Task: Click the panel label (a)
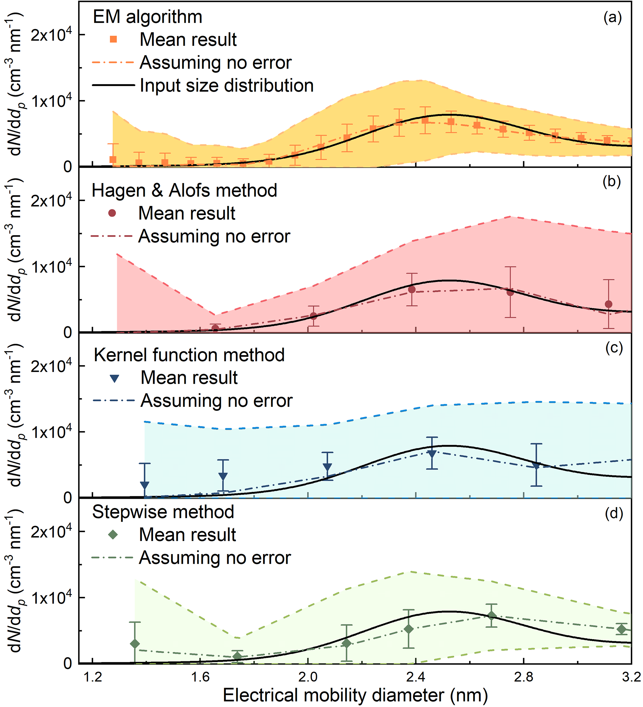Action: click(x=613, y=17)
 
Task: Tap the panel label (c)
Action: click(x=614, y=347)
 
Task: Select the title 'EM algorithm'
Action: click(x=147, y=17)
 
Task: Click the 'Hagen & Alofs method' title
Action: click(x=184, y=191)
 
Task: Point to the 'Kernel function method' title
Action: click(x=189, y=355)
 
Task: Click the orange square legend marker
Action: click(x=113, y=39)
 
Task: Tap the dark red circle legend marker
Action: click(x=112, y=213)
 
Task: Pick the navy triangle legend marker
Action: click(x=114, y=378)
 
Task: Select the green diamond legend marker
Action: click(x=113, y=535)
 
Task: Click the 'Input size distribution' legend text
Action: click(x=227, y=85)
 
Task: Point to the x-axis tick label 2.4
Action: click(x=416, y=677)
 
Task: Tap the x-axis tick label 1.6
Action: click(x=200, y=677)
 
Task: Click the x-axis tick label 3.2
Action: click(x=631, y=677)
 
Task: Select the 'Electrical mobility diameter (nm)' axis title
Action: click(x=355, y=695)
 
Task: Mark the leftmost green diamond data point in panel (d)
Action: click(x=134, y=644)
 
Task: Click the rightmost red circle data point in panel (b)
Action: click(x=608, y=304)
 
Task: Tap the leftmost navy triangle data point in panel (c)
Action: click(x=144, y=485)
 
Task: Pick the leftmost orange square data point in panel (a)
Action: click(x=113, y=159)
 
